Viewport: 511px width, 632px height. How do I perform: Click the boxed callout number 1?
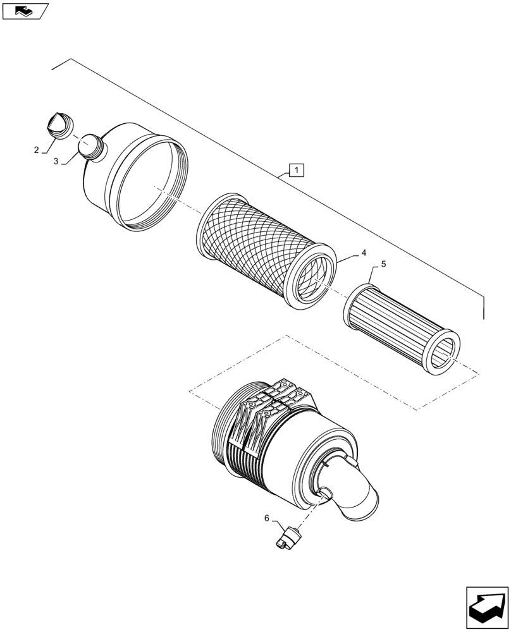click(x=297, y=169)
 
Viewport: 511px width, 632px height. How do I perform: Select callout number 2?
click(x=37, y=150)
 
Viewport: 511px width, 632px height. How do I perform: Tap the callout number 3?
click(x=56, y=161)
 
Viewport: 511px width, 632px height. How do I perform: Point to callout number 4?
click(x=364, y=253)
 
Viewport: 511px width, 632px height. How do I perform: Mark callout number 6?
click(x=266, y=518)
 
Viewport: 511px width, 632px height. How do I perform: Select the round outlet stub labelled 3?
click(x=91, y=146)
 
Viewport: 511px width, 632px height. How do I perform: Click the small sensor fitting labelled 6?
click(x=290, y=538)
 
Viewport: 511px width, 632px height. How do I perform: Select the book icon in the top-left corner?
click(x=24, y=10)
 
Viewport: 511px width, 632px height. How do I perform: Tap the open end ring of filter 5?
click(x=442, y=352)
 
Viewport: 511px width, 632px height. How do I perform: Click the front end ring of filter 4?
click(x=314, y=278)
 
